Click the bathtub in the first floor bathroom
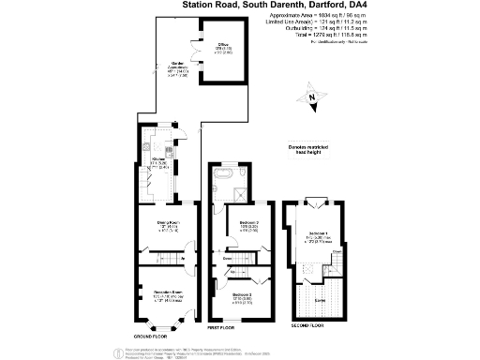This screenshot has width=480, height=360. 227,175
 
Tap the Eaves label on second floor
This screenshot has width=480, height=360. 320,300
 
